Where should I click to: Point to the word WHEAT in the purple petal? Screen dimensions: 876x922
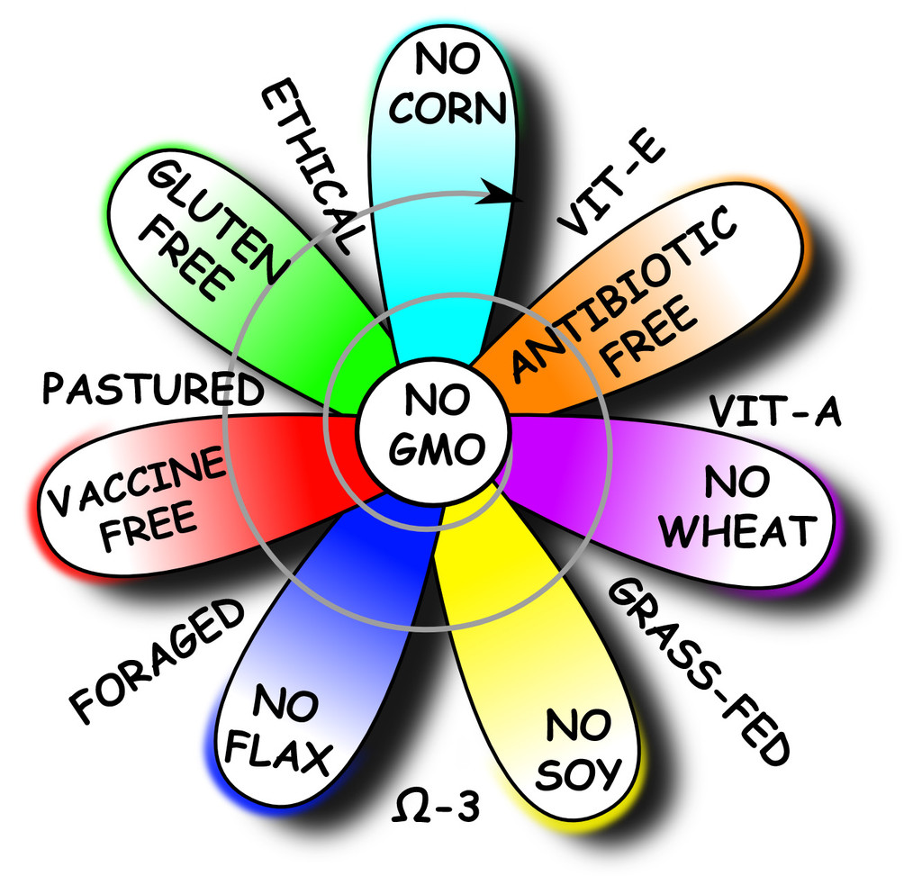pos(737,530)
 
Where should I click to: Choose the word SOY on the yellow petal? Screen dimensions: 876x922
pos(578,771)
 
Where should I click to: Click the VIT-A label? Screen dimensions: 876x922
pos(774,412)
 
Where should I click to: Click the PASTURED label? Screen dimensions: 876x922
pos(152,390)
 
